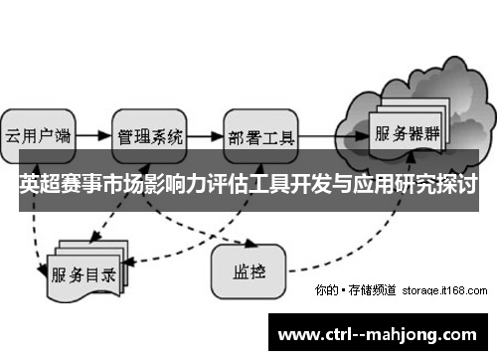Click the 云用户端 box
pyautogui.click(x=37, y=134)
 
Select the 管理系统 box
pyautogui.click(x=150, y=134)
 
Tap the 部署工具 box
pyautogui.click(x=261, y=134)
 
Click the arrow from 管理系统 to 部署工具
pyautogui.click(x=206, y=134)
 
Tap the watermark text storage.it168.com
pyautogui.click(x=445, y=290)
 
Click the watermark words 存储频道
pyautogui.click(x=372, y=290)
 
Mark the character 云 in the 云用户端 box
pyautogui.click(x=14, y=134)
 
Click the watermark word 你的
pyautogui.click(x=325, y=290)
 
